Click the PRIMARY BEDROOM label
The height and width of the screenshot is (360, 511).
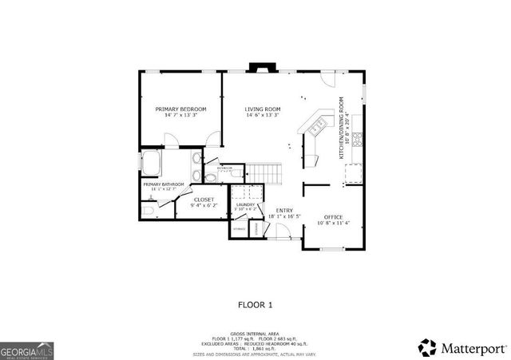[x=180, y=109]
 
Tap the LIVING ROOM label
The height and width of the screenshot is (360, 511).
[x=263, y=109]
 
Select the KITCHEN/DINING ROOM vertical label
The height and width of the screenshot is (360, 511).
[x=341, y=128]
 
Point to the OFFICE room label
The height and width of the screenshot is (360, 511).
[x=333, y=217]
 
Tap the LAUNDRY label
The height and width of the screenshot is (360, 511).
[x=245, y=204]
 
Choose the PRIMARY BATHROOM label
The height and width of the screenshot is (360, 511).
[x=164, y=184]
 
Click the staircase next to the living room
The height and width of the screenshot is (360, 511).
[x=264, y=172]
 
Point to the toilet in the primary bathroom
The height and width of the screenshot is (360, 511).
[x=149, y=208]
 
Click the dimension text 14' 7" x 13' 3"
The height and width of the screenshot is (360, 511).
[x=180, y=116]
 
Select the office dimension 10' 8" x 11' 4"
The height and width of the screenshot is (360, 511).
[x=333, y=224]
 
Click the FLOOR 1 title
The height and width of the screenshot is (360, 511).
[x=255, y=304]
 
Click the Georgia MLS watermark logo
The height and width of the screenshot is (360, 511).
[x=26, y=350]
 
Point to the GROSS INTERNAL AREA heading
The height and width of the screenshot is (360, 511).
[x=255, y=334]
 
